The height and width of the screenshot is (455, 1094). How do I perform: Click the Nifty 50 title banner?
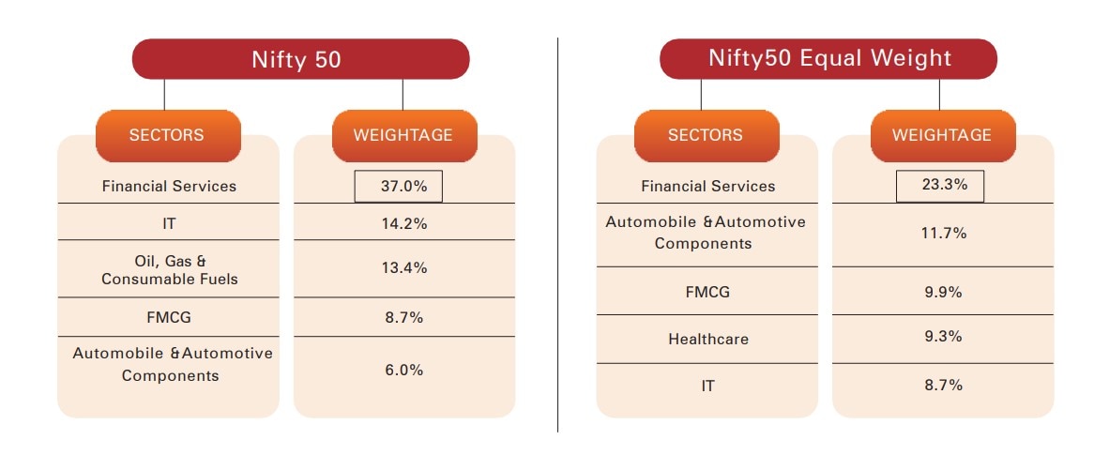(x=299, y=59)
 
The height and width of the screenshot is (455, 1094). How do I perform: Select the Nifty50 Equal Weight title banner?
(x=828, y=59)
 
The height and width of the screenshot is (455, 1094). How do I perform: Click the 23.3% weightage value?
(x=940, y=186)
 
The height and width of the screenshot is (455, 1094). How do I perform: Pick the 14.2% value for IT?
(x=403, y=224)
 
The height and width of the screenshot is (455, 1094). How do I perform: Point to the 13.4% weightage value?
(x=403, y=268)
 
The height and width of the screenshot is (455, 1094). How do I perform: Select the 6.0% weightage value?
(x=403, y=370)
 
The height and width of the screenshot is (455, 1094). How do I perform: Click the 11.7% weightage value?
(x=942, y=233)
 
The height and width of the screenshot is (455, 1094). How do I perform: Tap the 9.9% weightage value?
(x=942, y=292)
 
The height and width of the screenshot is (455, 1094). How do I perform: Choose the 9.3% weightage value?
(x=942, y=336)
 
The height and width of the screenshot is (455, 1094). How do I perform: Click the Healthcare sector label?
(x=708, y=339)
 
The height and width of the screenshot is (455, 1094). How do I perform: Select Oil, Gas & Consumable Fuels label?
(x=169, y=269)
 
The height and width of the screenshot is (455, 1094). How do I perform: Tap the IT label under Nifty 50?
(x=169, y=224)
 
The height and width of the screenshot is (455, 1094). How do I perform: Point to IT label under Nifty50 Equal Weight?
(x=707, y=386)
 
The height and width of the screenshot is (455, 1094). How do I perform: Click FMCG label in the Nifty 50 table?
(x=169, y=317)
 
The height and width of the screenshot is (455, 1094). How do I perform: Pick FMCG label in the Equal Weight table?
(x=707, y=292)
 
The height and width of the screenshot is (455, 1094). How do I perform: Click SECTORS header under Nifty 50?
(x=167, y=135)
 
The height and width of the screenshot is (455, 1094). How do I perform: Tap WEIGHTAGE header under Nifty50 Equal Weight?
(x=941, y=135)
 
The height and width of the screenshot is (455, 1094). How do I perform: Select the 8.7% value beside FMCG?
(x=403, y=317)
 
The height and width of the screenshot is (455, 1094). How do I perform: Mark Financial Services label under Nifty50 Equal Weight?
(x=708, y=186)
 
